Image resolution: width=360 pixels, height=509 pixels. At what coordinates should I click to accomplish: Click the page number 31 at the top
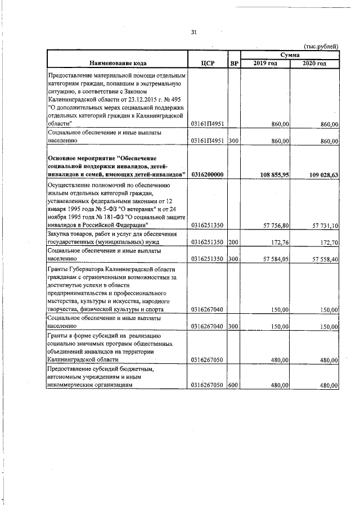(x=193, y=32)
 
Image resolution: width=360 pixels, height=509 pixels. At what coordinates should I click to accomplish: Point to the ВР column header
(x=234, y=63)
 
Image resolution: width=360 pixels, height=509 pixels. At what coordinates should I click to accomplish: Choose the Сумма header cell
(x=290, y=54)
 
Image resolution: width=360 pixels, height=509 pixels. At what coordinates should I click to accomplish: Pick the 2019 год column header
(x=265, y=62)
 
